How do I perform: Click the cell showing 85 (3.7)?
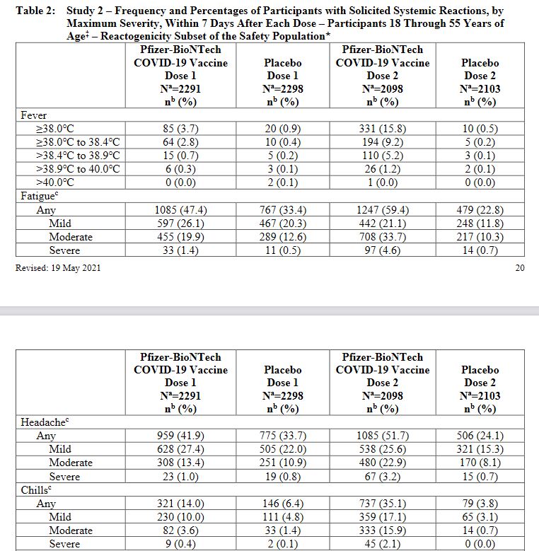pos(180,129)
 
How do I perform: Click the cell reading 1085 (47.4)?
pos(180,210)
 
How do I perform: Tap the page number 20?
pos(519,267)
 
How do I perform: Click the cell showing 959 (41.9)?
pos(180,436)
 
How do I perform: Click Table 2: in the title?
pos(34,11)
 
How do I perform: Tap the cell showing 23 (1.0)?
pos(180,477)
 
